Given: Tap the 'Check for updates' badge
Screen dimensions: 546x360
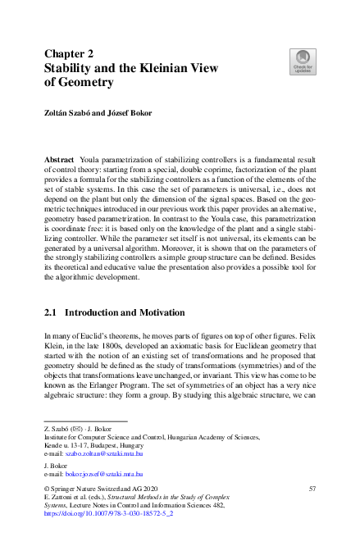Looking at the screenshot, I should click(303, 61).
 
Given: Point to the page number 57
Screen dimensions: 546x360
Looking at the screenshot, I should click(312, 489).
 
